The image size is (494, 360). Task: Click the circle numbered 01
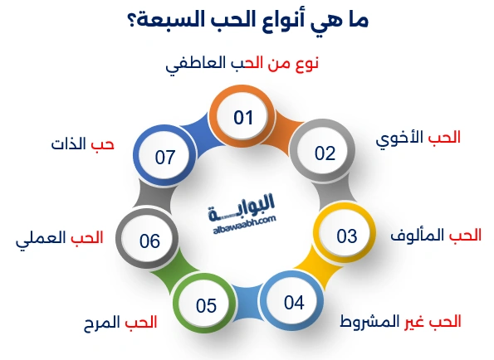[x=242, y=118]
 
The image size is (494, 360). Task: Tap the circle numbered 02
[x=324, y=153]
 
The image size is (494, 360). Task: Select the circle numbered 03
[x=346, y=235]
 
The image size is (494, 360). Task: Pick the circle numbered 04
[x=294, y=302]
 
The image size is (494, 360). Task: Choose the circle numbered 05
[x=206, y=306]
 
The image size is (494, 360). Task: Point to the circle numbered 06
[x=149, y=241]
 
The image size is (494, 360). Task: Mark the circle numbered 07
[x=166, y=155]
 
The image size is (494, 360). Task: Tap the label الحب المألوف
[x=436, y=236]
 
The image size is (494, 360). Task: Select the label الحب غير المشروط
[x=402, y=320]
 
